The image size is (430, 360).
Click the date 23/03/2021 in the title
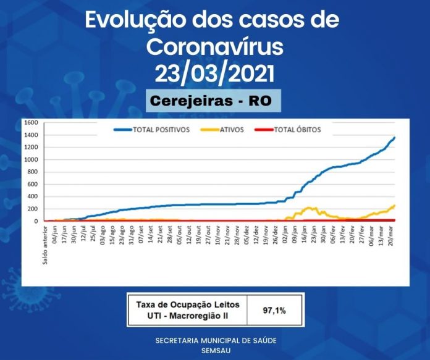tap(214, 73)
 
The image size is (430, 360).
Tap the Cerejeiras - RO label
tap(213, 100)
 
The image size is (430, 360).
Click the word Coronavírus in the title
tap(214, 47)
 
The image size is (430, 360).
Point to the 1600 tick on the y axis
tap(30, 122)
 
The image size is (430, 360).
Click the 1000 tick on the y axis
tap(30, 159)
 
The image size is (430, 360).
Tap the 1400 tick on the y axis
tap(30, 135)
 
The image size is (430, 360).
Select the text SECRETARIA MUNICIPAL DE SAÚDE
tap(215, 340)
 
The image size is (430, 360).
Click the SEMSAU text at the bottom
tap(215, 350)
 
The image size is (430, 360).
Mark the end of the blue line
tap(394, 138)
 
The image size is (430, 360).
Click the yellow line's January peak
tap(309, 208)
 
